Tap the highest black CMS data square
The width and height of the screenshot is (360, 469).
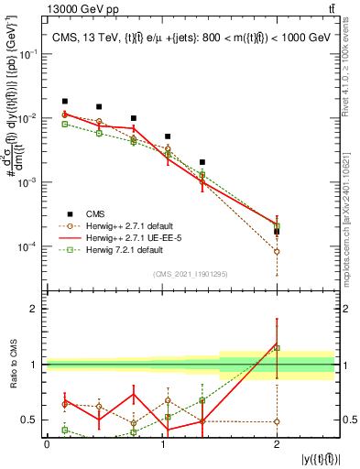click(64, 102)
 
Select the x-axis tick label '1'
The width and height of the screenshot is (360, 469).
click(162, 444)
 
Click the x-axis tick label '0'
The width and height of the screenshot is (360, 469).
click(47, 444)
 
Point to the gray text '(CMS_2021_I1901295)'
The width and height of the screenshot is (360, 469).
click(190, 273)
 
